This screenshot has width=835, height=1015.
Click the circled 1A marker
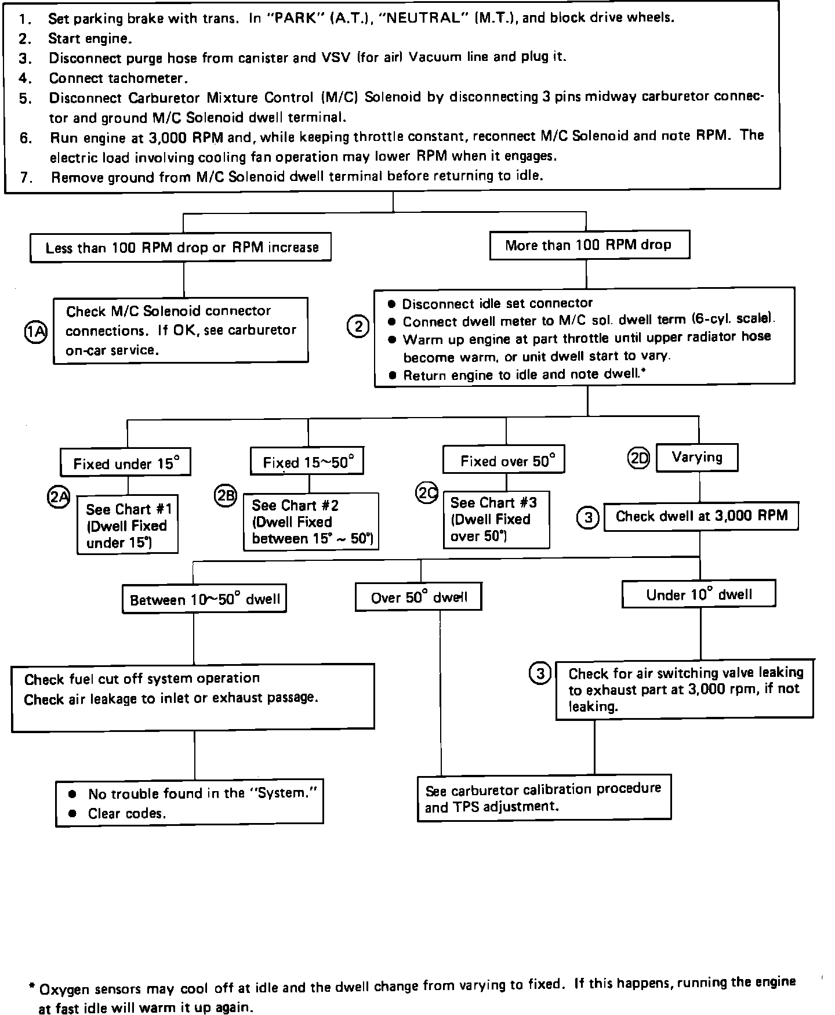(36, 332)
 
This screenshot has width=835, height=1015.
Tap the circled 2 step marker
(358, 327)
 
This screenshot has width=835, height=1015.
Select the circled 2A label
(59, 497)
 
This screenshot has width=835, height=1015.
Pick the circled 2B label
(226, 495)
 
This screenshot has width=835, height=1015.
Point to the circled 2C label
(427, 492)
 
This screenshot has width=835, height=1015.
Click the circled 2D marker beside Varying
(639, 459)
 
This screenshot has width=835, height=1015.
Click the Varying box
(697, 458)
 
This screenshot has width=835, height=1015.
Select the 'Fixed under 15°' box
(125, 463)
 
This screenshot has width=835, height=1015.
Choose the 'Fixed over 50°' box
(503, 461)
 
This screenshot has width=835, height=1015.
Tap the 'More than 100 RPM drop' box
(589, 245)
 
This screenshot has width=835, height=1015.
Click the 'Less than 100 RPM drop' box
(181, 248)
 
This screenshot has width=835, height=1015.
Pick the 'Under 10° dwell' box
(699, 594)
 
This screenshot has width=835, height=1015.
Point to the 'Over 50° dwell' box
(418, 597)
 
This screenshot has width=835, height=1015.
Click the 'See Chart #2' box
(311, 521)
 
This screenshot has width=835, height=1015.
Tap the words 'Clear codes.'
(127, 814)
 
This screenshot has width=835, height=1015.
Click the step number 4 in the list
(24, 78)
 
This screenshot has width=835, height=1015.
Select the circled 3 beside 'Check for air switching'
(540, 673)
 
